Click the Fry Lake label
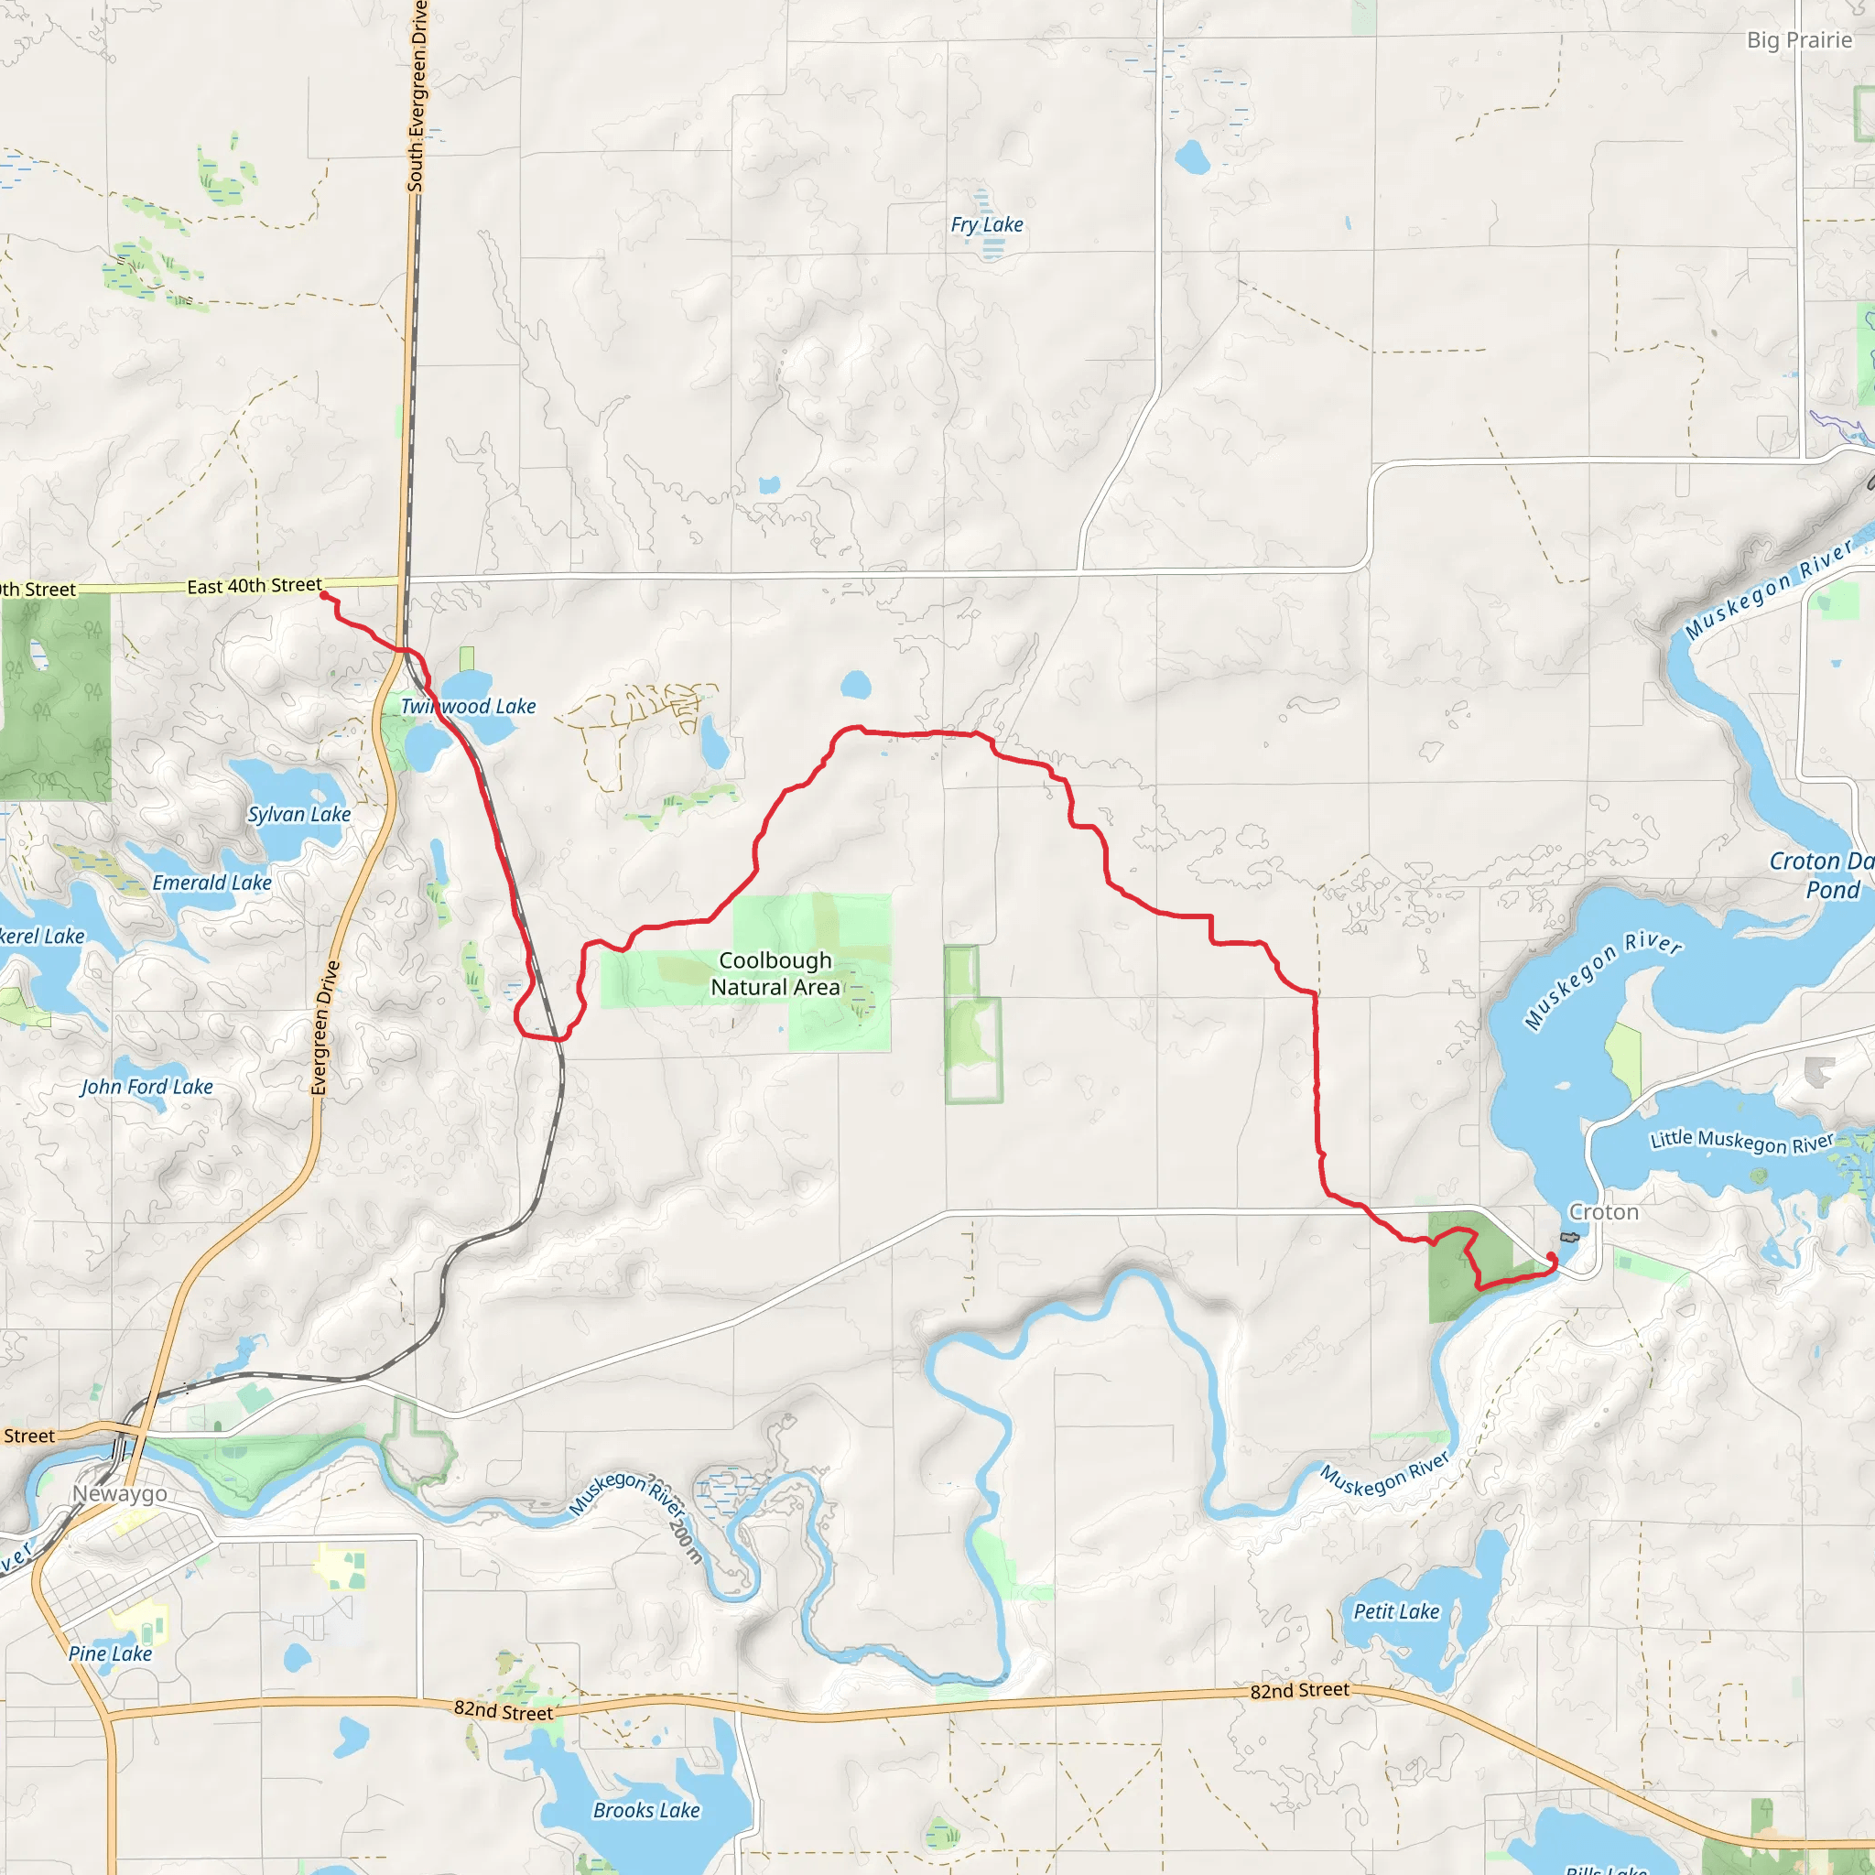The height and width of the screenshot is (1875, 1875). [986, 225]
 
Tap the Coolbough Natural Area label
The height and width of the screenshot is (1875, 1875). [775, 973]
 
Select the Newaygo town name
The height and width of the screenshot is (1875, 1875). [119, 1493]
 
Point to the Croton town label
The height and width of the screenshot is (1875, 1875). [1603, 1212]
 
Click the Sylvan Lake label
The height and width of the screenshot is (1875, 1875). [298, 814]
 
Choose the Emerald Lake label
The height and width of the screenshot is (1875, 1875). [211, 883]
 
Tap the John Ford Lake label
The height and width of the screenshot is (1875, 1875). [146, 1087]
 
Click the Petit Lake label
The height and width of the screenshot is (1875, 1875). [1395, 1611]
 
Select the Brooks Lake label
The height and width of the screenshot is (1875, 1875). [646, 1810]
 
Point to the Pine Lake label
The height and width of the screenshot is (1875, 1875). [110, 1653]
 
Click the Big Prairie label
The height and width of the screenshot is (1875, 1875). [1798, 39]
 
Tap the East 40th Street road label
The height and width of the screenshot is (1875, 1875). [255, 586]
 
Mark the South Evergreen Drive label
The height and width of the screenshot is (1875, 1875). [417, 97]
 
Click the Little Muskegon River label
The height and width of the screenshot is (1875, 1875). [1742, 1142]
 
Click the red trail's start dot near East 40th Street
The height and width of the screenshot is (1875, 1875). [324, 595]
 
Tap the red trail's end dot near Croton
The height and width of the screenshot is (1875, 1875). [1550, 1257]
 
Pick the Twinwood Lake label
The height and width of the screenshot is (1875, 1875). [468, 707]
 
